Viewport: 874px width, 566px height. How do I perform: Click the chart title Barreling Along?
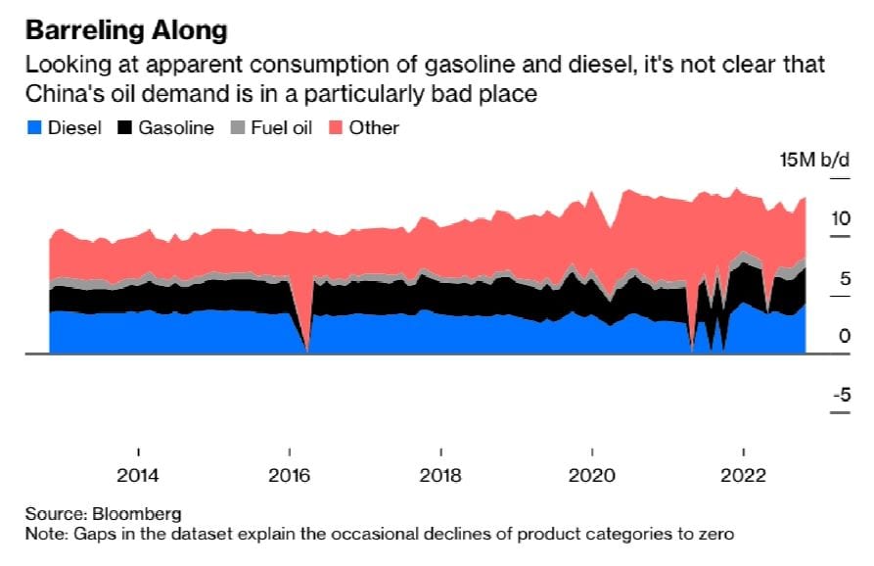tap(125, 30)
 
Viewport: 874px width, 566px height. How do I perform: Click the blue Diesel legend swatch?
tap(34, 127)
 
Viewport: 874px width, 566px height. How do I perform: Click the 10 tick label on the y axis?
tap(840, 218)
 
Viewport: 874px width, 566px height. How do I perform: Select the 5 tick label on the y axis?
tap(844, 278)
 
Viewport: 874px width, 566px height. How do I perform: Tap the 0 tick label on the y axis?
tap(844, 336)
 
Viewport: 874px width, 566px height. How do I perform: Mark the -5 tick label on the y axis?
tap(840, 396)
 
